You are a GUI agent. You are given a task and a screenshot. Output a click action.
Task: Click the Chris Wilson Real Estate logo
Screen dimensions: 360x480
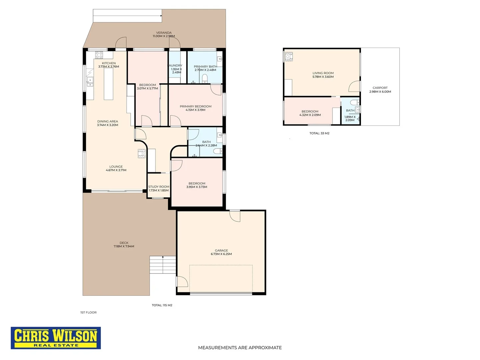(56, 338)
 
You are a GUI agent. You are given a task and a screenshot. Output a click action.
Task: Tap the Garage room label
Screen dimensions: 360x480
(221, 250)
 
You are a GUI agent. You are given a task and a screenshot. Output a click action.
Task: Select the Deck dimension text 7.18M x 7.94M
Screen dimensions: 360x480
(124, 246)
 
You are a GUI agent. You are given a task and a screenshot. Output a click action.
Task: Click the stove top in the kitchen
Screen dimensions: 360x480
(99, 55)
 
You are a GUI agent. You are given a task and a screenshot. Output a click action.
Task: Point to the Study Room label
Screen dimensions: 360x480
(159, 187)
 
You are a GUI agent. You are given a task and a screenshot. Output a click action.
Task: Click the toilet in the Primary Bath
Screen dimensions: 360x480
(205, 79)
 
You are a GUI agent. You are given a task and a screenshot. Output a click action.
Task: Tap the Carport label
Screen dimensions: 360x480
(380, 88)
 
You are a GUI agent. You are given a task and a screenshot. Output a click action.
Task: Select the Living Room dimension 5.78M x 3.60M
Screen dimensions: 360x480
(323, 77)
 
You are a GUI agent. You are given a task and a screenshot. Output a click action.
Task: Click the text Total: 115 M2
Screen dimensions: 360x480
(162, 305)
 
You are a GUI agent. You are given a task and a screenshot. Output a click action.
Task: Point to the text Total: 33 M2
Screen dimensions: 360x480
(319, 133)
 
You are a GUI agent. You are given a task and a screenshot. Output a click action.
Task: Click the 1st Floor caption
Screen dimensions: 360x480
(88, 312)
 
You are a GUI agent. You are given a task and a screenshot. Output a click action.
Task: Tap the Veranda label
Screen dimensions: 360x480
(164, 33)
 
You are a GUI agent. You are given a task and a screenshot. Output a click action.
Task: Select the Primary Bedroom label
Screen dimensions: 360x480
(196, 106)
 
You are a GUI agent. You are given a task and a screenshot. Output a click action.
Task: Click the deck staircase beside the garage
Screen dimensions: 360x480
(163, 265)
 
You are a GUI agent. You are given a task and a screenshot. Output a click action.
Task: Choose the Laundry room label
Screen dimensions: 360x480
(176, 65)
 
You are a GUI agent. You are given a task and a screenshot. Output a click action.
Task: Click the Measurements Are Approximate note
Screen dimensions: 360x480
(240, 347)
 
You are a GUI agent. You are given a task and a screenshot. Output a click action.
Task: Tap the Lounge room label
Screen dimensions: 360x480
(116, 166)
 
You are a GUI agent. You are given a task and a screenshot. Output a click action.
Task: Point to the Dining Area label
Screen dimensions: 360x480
(108, 121)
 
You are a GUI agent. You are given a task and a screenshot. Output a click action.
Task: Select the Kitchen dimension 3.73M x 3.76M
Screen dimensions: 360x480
(109, 67)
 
